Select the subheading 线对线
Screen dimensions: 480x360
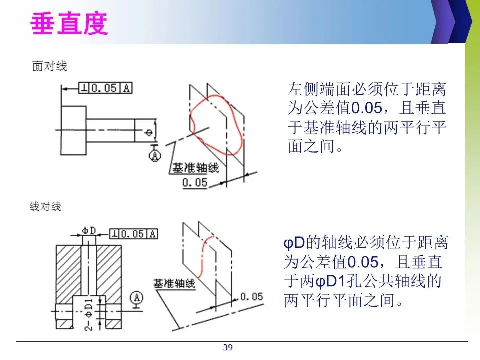click(x=46, y=206)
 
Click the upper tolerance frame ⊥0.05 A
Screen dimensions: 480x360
click(x=106, y=88)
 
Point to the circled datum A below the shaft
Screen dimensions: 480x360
click(x=154, y=155)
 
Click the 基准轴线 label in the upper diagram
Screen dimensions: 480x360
click(x=195, y=168)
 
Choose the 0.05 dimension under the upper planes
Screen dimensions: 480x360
click(x=195, y=183)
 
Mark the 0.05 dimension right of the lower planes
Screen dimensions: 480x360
click(x=251, y=297)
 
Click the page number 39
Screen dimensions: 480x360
click(x=228, y=348)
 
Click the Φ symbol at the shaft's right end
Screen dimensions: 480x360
click(x=148, y=132)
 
